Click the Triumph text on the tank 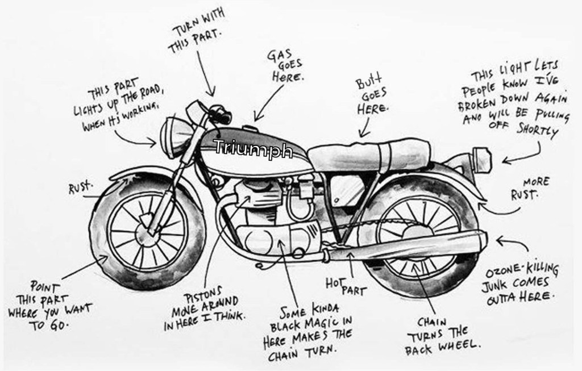tap(253, 149)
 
